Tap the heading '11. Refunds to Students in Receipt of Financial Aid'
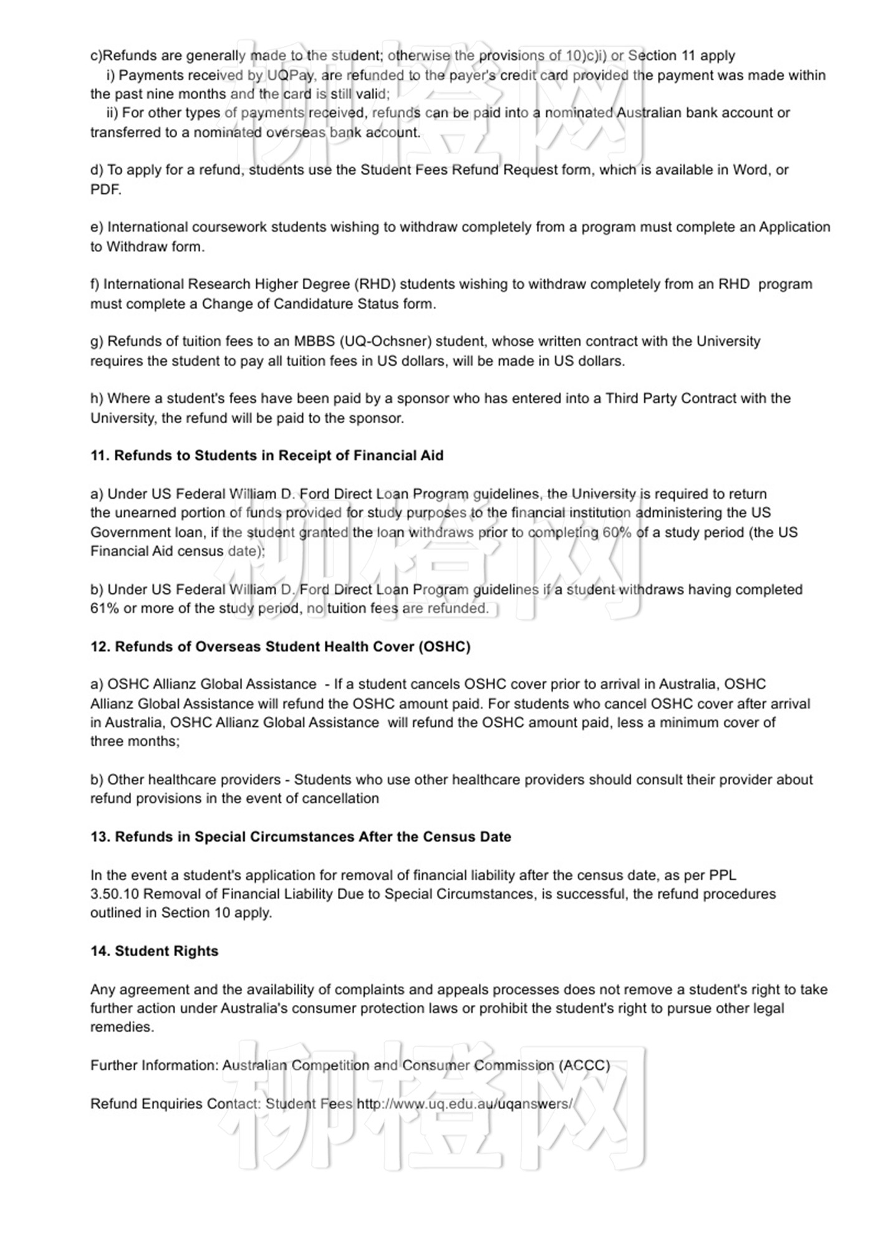point(267,456)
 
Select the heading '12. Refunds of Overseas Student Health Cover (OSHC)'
point(280,646)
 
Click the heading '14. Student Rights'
point(154,951)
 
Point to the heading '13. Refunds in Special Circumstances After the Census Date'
point(301,837)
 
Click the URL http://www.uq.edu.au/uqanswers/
point(465,1104)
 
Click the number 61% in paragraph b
point(104,608)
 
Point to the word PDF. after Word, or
point(105,190)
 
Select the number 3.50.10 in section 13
point(115,894)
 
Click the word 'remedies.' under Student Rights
point(122,1027)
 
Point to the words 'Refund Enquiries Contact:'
point(175,1104)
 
